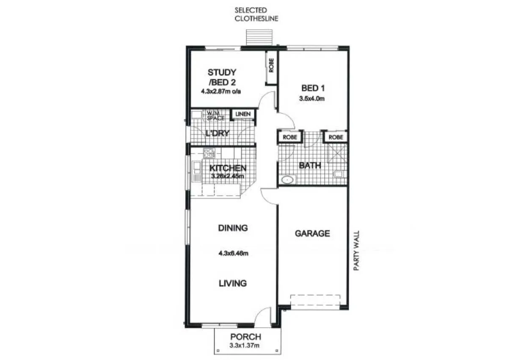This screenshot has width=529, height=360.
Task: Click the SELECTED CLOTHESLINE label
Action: click(256, 14)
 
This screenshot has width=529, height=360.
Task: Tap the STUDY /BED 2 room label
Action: click(222, 77)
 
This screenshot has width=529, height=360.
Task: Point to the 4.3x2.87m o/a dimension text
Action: click(222, 91)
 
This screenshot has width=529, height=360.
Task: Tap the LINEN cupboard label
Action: click(243, 114)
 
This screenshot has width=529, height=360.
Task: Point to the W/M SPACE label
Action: click(215, 115)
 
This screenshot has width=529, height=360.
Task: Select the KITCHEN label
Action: click(228, 168)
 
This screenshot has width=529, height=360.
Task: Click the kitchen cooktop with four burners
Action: click(209, 153)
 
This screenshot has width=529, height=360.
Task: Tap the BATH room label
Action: click(310, 166)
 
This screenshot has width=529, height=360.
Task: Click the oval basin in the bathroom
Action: click(288, 180)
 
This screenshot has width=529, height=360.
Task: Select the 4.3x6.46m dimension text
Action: click(233, 254)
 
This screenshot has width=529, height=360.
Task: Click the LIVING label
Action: click(233, 283)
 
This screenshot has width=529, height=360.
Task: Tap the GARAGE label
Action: click(312, 233)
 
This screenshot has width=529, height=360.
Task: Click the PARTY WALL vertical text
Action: click(356, 251)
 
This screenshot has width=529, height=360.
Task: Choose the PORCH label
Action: click(245, 337)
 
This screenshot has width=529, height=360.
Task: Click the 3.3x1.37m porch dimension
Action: click(245, 346)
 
